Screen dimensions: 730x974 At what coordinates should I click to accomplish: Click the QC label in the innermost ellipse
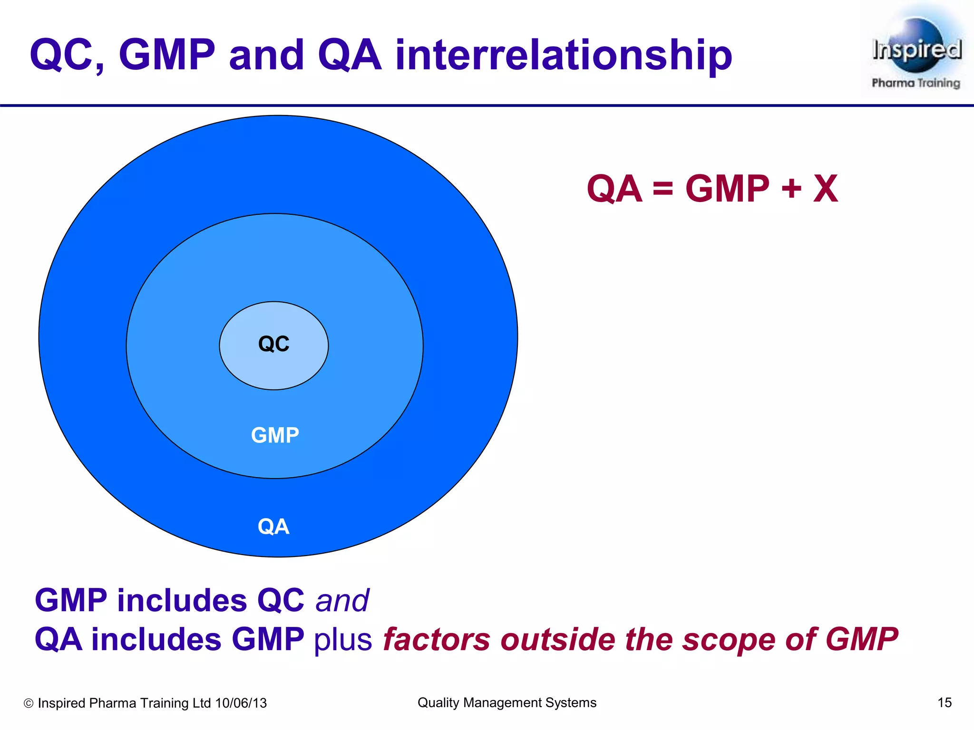[273, 344]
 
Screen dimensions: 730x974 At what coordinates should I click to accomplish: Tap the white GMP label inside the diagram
[275, 435]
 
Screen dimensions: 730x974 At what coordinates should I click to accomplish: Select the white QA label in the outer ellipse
[273, 527]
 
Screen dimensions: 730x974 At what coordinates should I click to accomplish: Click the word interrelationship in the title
[564, 56]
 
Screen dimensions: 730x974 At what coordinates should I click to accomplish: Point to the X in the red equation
[825, 189]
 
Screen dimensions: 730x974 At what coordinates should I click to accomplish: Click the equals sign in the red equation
[663, 189]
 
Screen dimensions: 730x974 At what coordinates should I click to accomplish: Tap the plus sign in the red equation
[791, 189]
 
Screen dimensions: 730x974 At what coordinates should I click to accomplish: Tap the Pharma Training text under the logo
[916, 83]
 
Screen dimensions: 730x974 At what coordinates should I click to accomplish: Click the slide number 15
[944, 702]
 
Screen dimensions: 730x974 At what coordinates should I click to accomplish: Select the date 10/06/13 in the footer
[241, 703]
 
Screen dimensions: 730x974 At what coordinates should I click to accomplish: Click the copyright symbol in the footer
[29, 703]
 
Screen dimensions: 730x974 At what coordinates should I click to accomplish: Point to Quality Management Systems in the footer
[506, 702]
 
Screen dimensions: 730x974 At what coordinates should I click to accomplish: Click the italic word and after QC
[342, 600]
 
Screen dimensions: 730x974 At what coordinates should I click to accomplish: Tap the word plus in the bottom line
[343, 640]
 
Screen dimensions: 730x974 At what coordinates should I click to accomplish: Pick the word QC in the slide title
[67, 56]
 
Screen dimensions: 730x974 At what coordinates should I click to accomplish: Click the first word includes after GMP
[182, 600]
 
